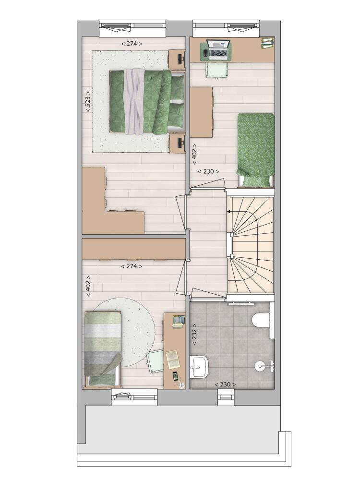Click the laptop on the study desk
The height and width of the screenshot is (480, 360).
[218, 49]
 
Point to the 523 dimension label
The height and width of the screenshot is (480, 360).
[88, 102]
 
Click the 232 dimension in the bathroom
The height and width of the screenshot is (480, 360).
[194, 335]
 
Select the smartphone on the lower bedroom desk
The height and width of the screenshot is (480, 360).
[175, 376]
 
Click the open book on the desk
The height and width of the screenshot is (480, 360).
[173, 360]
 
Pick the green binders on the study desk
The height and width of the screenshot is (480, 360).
[267, 43]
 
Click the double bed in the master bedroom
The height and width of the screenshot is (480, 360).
[147, 102]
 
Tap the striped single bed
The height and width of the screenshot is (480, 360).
[103, 349]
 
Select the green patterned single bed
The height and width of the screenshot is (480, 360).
[256, 150]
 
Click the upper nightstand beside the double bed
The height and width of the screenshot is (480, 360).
[177, 60]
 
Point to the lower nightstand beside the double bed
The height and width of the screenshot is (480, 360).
[177, 143]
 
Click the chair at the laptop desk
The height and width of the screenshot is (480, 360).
[217, 70]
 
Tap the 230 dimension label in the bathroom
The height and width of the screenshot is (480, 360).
[225, 384]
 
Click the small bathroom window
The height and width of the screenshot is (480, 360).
[226, 397]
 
